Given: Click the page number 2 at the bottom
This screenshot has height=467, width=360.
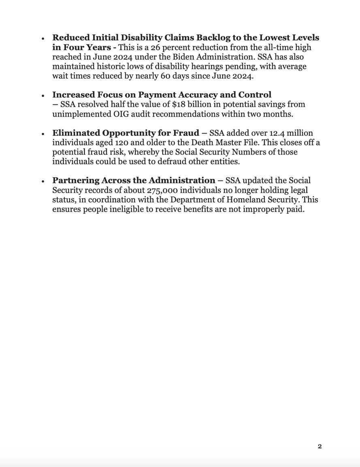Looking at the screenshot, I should (x=320, y=446).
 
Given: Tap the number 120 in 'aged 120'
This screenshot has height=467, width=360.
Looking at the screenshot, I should (x=121, y=142).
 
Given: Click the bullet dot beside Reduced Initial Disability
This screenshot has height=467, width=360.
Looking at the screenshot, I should (x=43, y=38).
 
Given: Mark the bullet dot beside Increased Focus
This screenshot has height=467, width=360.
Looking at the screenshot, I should (x=43, y=96).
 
